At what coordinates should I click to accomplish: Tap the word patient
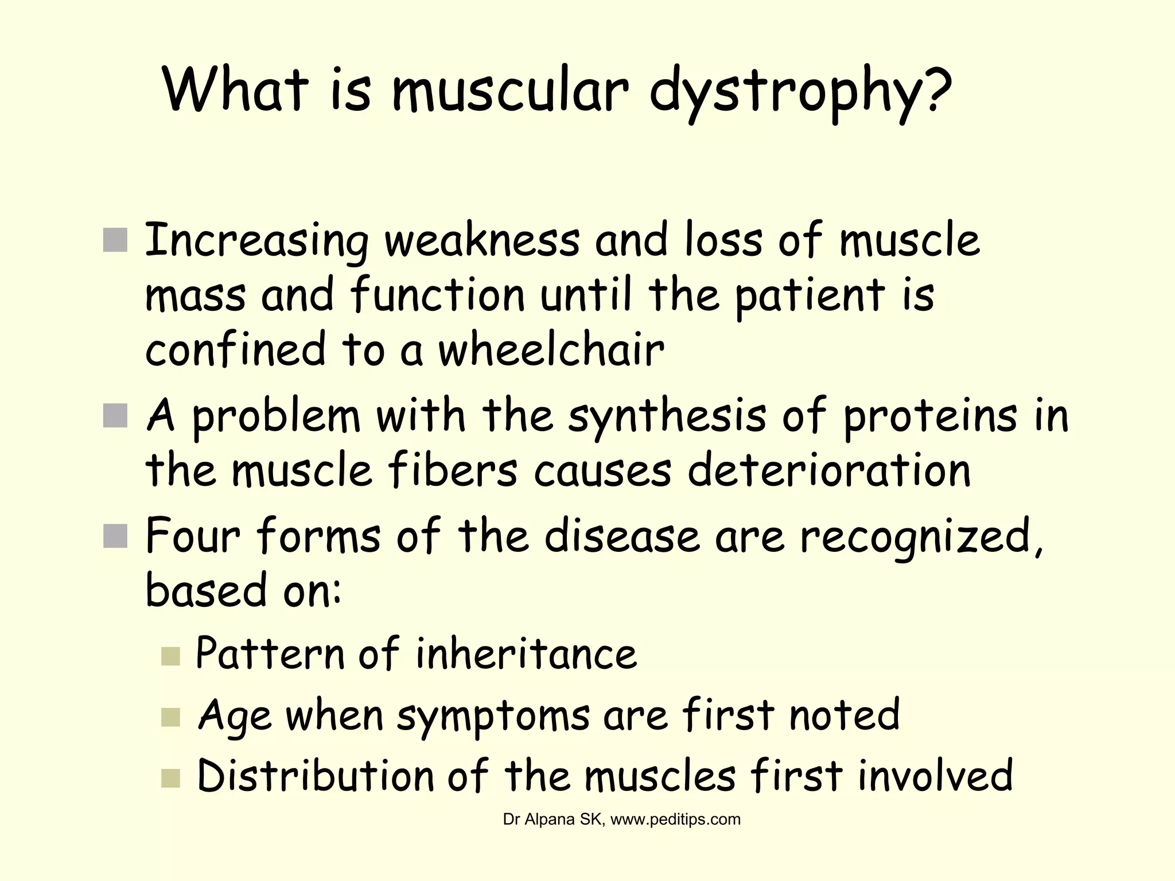point(810,295)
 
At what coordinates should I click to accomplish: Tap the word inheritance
point(526,653)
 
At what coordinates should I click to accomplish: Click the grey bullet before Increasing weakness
point(115,240)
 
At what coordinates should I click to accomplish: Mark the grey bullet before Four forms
point(115,536)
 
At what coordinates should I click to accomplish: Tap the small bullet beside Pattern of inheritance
point(170,656)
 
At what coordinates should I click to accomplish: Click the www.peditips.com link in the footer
point(675,820)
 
